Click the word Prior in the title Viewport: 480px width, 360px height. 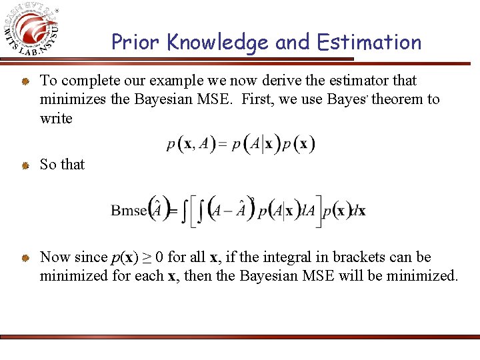137,43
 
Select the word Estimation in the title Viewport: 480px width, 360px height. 369,43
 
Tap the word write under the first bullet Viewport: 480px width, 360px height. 56,118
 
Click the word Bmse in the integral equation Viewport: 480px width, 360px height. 128,211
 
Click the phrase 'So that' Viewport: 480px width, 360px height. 62,164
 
